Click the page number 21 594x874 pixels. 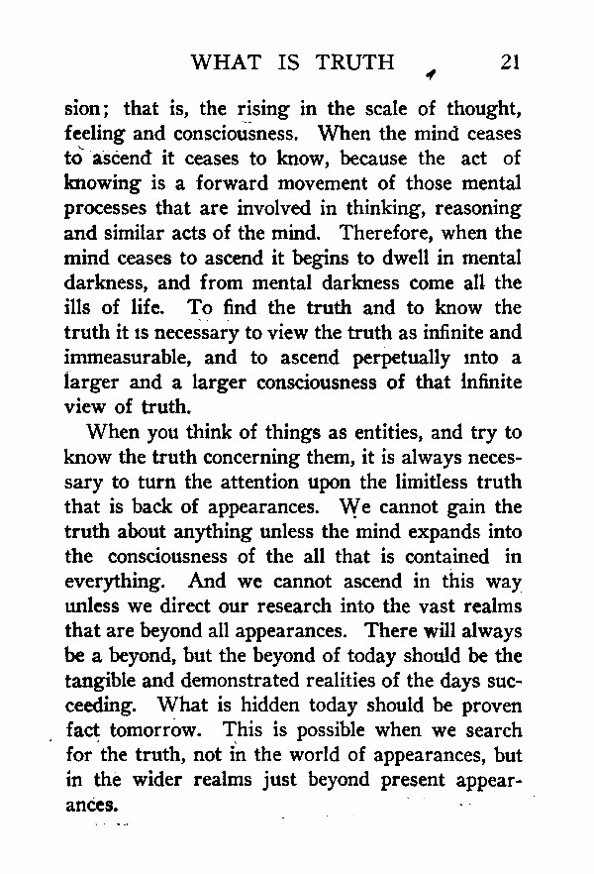510,62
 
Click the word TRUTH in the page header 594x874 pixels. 354,62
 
